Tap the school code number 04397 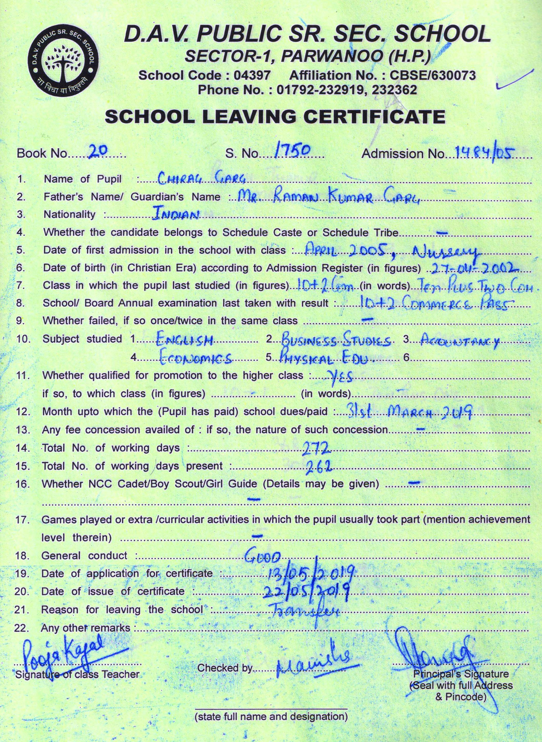pyautogui.click(x=252, y=76)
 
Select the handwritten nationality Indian pyautogui.click(x=176, y=214)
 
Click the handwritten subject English pyautogui.click(x=185, y=341)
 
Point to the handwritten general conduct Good pyautogui.click(x=263, y=555)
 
